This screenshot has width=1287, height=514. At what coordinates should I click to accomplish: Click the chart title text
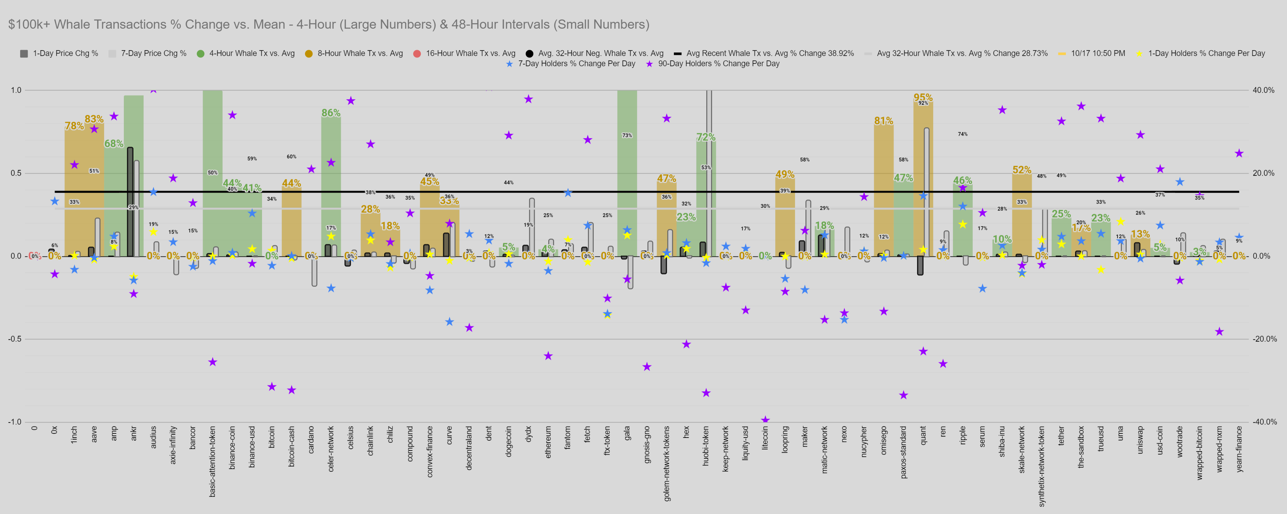328,25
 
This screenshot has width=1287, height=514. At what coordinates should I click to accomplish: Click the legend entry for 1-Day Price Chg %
65,54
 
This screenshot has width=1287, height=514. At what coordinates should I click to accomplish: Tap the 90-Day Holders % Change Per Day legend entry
718,63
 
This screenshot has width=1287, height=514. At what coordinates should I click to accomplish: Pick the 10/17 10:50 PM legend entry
1098,54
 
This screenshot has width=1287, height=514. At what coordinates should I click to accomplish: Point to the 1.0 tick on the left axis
16,90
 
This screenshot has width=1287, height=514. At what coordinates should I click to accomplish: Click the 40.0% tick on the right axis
1263,90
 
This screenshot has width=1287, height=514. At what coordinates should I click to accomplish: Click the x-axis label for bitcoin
272,437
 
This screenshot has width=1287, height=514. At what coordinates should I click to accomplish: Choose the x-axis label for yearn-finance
1239,448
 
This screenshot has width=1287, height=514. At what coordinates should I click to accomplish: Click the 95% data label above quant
923,98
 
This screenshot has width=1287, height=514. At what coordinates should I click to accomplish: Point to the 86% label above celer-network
331,113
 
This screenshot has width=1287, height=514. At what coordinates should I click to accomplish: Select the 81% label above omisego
883,121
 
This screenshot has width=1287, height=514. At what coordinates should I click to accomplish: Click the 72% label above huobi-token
706,137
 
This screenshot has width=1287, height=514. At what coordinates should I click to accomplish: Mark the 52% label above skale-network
1022,170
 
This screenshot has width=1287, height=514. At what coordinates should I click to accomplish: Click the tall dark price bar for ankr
130,200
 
